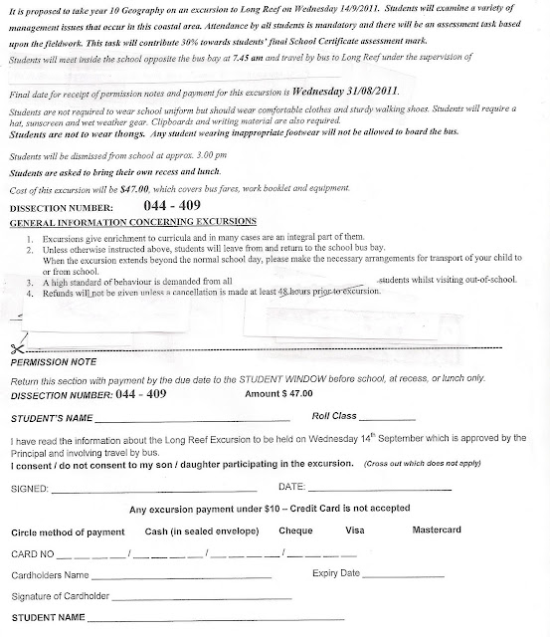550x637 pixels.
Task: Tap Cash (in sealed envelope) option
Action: coord(182,531)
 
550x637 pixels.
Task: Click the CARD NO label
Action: coord(30,553)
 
